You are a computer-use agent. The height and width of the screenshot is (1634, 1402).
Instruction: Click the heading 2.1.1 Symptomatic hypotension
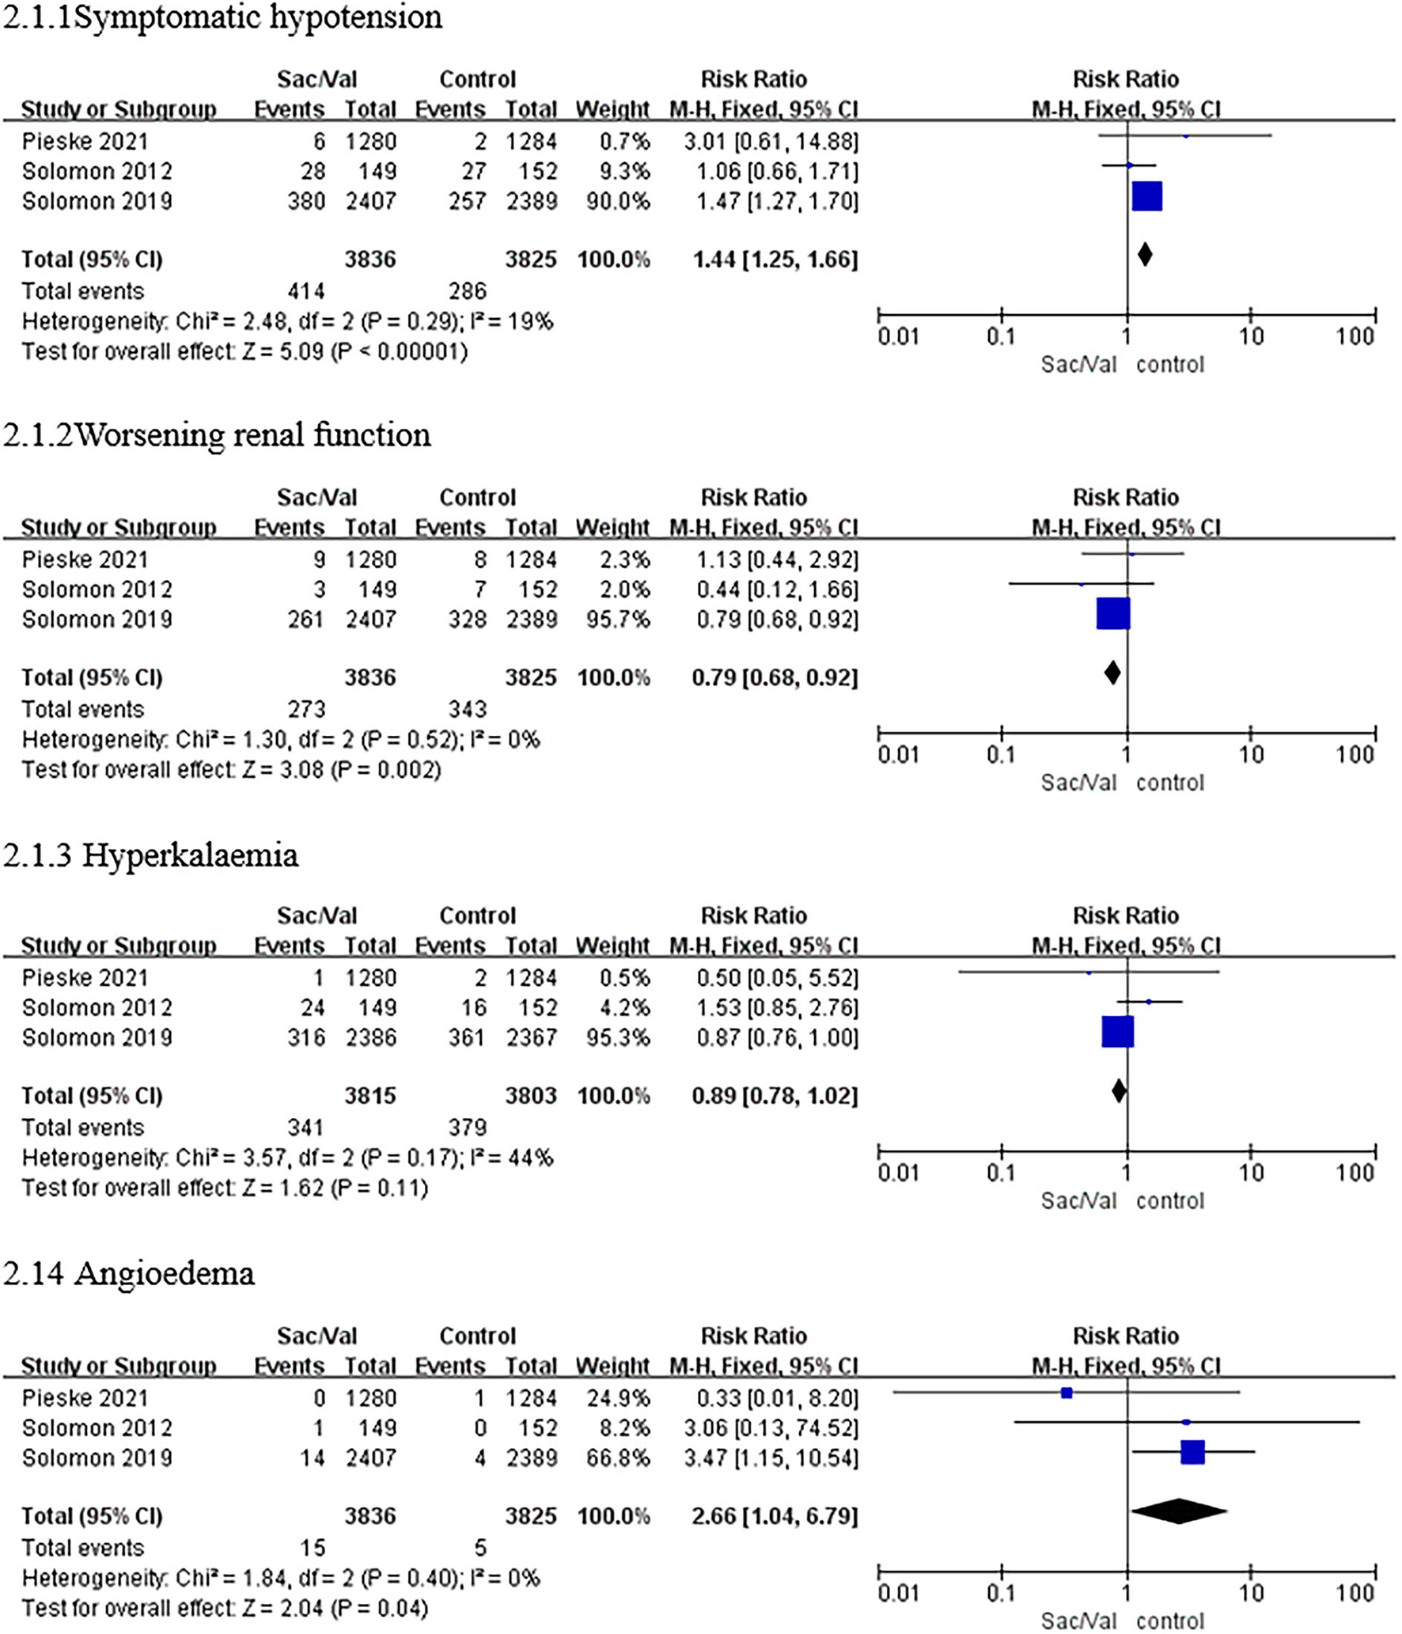pyautogui.click(x=222, y=17)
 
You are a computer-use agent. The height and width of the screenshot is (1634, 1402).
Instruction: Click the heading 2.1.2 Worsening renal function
pyautogui.click(x=217, y=435)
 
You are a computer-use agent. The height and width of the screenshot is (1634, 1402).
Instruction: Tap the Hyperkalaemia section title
pyautogui.click(x=150, y=855)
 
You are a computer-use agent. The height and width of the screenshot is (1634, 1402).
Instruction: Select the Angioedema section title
pyautogui.click(x=129, y=1273)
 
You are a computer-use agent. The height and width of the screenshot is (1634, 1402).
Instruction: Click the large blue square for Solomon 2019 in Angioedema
pyautogui.click(x=1192, y=1452)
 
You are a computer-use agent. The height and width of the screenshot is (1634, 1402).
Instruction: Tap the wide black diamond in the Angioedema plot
pyautogui.click(x=1179, y=1511)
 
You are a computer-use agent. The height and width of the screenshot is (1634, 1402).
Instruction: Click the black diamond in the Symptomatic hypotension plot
pyautogui.click(x=1144, y=255)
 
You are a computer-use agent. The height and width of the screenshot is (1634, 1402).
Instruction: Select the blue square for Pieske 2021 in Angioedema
pyautogui.click(x=1067, y=1393)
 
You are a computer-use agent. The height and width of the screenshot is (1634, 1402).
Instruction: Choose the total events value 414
pyautogui.click(x=305, y=291)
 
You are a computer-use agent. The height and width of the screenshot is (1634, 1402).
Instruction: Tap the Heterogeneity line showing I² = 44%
pyautogui.click(x=286, y=1158)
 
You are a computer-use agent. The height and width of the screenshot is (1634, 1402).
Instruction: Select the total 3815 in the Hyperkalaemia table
pyautogui.click(x=369, y=1096)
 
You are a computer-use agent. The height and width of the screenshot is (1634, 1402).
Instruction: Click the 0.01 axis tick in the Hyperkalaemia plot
pyautogui.click(x=898, y=1173)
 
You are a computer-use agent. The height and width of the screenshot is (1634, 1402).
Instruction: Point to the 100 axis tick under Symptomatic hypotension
pyautogui.click(x=1355, y=336)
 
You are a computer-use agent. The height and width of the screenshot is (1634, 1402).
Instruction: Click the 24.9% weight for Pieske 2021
pyautogui.click(x=618, y=1398)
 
